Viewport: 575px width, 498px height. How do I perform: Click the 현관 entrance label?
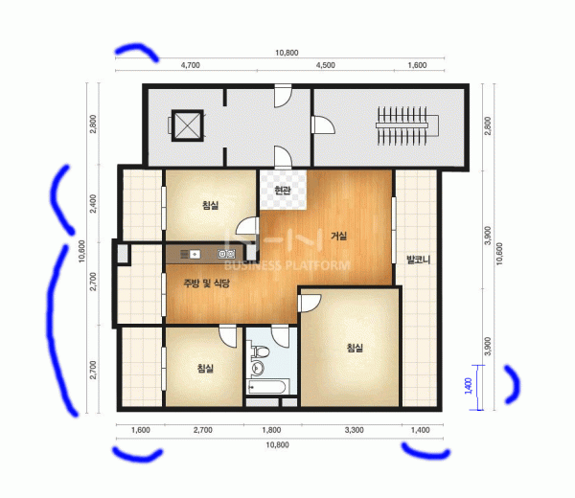pyautogui.click(x=283, y=191)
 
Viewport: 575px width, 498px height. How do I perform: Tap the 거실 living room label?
pyautogui.click(x=339, y=236)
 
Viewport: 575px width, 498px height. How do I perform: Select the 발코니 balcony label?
pyautogui.click(x=419, y=260)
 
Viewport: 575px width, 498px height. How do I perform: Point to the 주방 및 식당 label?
pyautogui.click(x=206, y=283)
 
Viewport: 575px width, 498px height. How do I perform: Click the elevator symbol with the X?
pyautogui.click(x=188, y=125)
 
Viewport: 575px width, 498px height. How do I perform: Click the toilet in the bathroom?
pyautogui.click(x=260, y=351)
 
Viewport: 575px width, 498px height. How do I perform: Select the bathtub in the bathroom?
pyautogui.click(x=266, y=387)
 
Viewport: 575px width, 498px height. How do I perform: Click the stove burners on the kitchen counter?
pyautogui.click(x=226, y=253)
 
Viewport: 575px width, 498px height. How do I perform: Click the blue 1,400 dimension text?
pyautogui.click(x=468, y=386)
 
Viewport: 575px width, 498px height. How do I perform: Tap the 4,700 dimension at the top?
pyautogui.click(x=191, y=65)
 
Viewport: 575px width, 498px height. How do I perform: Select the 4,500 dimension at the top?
pyautogui.click(x=326, y=65)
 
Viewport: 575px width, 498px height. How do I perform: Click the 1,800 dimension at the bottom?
pyautogui.click(x=271, y=430)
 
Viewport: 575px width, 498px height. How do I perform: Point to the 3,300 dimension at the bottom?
pyautogui.click(x=355, y=430)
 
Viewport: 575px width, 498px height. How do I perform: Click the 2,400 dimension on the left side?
pyautogui.click(x=93, y=203)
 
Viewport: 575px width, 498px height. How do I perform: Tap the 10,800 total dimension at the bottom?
pyautogui.click(x=277, y=445)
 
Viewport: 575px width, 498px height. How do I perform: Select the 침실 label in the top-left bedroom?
pyautogui.click(x=211, y=205)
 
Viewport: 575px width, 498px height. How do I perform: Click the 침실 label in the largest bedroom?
pyautogui.click(x=355, y=348)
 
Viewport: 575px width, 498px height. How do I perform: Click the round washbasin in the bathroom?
pyautogui.click(x=258, y=368)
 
